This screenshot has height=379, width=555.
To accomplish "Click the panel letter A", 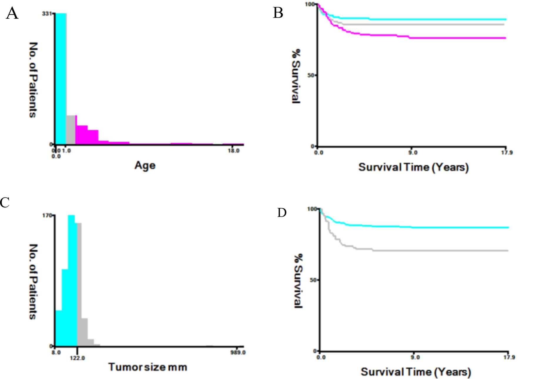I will click(x=12, y=14).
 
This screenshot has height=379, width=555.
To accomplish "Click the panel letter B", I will click(x=278, y=13).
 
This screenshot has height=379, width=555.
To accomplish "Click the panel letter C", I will click(x=5, y=202).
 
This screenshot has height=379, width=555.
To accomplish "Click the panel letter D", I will click(x=282, y=212).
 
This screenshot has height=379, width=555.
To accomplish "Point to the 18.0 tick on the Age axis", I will click(x=234, y=151).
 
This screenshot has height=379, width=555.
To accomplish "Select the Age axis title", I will click(x=145, y=165).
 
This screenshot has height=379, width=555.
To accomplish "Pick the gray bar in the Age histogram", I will click(x=71, y=129).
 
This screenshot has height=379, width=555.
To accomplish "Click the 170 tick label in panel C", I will click(x=47, y=215).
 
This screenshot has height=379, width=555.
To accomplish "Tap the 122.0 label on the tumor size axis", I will click(x=77, y=358).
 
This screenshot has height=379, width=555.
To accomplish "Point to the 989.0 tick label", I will click(x=238, y=352).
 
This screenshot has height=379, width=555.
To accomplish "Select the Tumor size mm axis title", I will click(x=147, y=367).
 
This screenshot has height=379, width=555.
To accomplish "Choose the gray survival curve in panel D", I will click(x=441, y=251).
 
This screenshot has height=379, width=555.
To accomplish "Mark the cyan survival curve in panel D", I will click(x=441, y=227).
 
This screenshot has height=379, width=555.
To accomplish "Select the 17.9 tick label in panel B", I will click(x=507, y=152).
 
